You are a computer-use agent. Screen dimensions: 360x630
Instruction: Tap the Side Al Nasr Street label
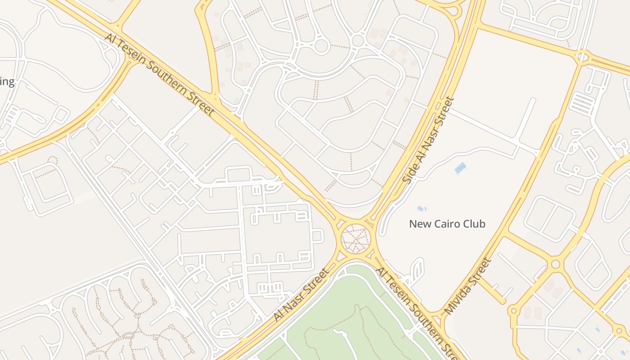[429, 140]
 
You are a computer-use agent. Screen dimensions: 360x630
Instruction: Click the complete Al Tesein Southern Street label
[159, 75]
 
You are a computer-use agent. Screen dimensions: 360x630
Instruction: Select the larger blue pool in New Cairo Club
[460, 168]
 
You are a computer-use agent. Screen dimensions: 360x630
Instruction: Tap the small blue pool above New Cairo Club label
[421, 208]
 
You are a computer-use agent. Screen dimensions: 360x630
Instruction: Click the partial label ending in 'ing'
[7, 82]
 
